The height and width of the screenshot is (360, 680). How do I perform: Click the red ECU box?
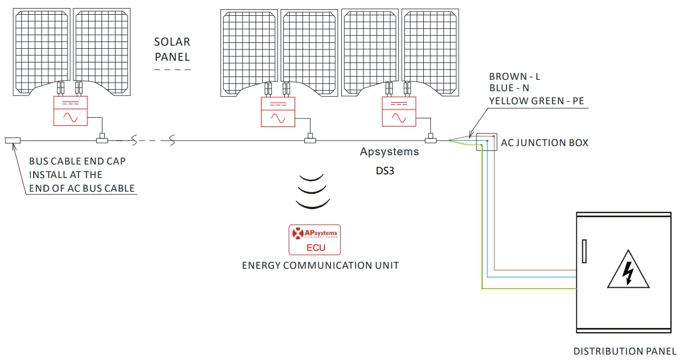pyautogui.click(x=314, y=240)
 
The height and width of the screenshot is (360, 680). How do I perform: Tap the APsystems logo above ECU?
pyautogui.click(x=314, y=233)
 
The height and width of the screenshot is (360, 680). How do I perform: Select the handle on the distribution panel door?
pyautogui.click(x=584, y=251)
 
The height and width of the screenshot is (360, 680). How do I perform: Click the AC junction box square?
pyautogui.click(x=486, y=142)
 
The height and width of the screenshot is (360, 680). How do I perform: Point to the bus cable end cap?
pyautogui.click(x=12, y=141)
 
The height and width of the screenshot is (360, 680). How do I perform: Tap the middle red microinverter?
pyautogui.click(x=278, y=111)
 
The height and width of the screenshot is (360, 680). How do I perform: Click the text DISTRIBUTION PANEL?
pyautogui.click(x=625, y=351)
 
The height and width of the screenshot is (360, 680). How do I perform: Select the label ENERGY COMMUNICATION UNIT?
pyautogui.click(x=320, y=266)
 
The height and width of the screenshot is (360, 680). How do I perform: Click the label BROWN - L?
pyautogui.click(x=514, y=77)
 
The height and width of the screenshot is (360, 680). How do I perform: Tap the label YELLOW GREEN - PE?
pyautogui.click(x=536, y=100)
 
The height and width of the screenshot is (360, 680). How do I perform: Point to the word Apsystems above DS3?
pyautogui.click(x=389, y=151)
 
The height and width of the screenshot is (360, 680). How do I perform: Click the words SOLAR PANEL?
pyautogui.click(x=172, y=49)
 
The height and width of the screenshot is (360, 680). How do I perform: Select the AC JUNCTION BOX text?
pyautogui.click(x=544, y=143)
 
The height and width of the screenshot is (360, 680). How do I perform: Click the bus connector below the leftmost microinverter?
pyautogui.click(x=101, y=141)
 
